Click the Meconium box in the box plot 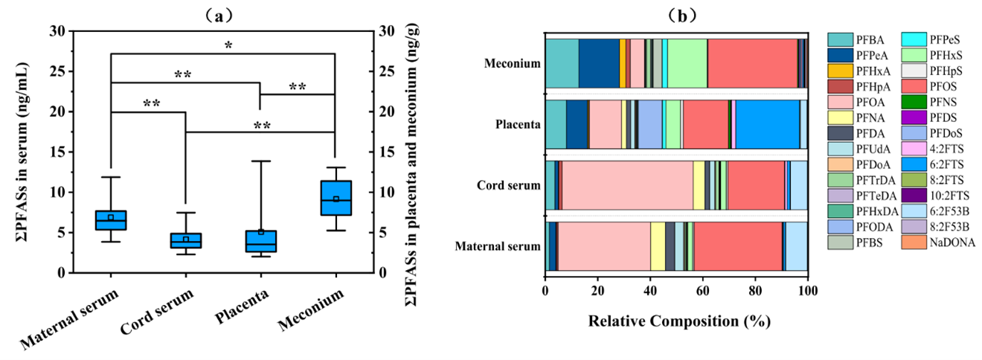tap(336, 198)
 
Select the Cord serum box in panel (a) tap(185, 240)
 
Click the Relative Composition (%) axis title tap(678, 322)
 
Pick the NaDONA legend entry tap(948, 242)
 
